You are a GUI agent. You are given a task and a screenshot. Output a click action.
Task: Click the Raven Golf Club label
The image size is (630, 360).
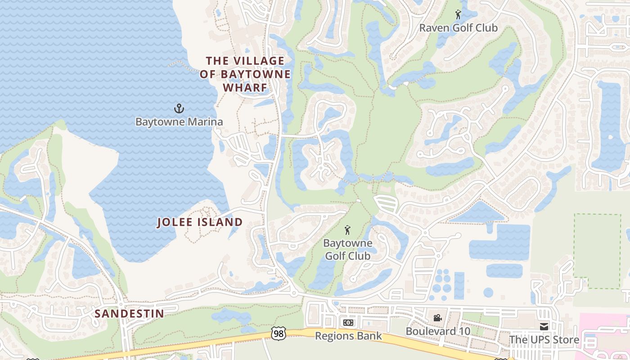coord(458,28)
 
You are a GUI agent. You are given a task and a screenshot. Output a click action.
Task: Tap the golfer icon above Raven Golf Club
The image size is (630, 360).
coord(458,15)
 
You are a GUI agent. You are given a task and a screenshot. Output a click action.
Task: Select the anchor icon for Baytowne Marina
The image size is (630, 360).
coord(179,108)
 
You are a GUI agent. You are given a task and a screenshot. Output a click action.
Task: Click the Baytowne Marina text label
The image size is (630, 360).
coord(179,121)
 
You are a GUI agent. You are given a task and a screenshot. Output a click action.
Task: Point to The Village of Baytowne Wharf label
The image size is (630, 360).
coord(245,74)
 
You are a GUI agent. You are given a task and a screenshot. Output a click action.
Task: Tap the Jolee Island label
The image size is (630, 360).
coord(200,222)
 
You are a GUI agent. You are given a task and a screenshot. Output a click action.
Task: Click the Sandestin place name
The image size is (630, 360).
coord(130,313)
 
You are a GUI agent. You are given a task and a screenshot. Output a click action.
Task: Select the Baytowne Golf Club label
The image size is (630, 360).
coord(348,249)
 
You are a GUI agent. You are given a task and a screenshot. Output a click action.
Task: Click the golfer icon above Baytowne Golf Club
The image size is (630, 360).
coord(347,230)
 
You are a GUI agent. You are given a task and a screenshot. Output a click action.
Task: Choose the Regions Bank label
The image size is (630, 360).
coord(348,336)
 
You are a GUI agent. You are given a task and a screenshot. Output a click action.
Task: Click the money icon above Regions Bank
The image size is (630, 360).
coord(348,323)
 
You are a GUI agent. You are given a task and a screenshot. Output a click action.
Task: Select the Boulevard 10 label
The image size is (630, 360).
coord(438,331)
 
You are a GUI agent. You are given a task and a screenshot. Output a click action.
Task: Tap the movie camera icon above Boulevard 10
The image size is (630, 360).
coord(437,318)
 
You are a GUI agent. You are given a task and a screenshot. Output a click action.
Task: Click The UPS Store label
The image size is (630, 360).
coord(544,340)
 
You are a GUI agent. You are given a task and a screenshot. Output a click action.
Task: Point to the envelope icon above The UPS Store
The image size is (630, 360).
coord(544,326)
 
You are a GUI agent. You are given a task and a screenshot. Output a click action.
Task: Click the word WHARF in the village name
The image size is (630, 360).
coord(245,87)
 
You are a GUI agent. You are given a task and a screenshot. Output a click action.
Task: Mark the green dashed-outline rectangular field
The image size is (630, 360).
coord(597,251)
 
